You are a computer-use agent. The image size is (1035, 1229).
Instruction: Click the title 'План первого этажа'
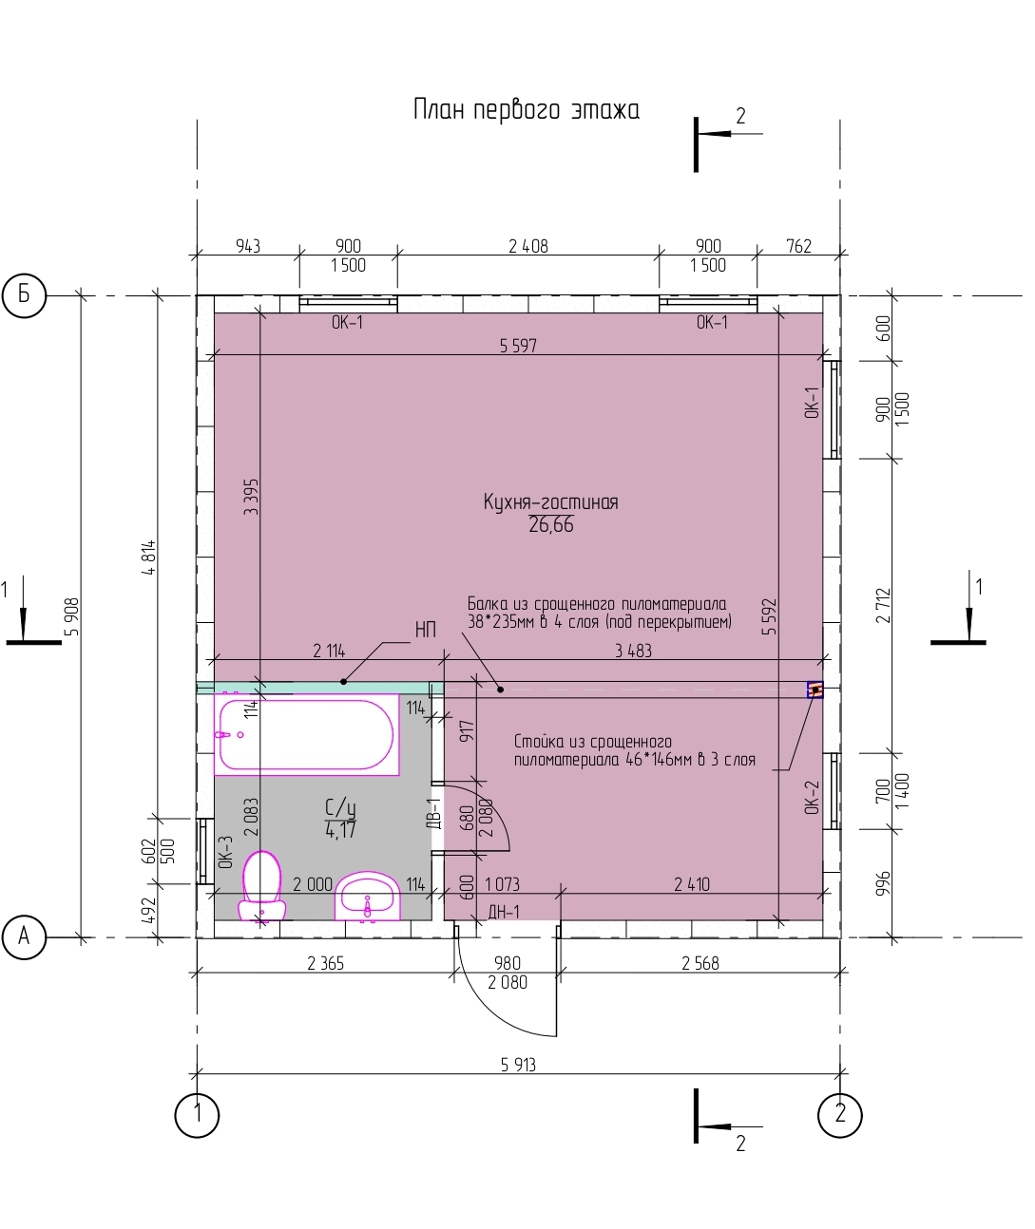click(x=526, y=110)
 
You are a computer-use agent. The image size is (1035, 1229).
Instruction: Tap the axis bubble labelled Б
click(x=24, y=295)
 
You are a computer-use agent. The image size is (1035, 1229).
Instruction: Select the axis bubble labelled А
click(x=24, y=937)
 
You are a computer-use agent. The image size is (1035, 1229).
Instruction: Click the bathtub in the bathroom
click(x=306, y=734)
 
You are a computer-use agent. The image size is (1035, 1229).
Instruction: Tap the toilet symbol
click(x=262, y=886)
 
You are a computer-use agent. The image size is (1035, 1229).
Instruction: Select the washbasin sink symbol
click(x=368, y=896)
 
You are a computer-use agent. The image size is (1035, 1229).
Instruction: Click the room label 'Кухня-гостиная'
click(x=551, y=502)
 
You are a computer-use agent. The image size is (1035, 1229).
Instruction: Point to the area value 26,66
click(x=551, y=524)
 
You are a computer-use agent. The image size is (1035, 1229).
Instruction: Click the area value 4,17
click(x=340, y=830)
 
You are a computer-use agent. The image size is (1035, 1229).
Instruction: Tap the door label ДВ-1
click(x=434, y=813)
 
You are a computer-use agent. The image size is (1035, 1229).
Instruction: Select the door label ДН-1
click(x=504, y=912)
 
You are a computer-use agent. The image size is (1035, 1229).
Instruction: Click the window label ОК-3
click(x=225, y=852)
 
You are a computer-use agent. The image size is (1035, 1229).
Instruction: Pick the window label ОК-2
click(x=812, y=798)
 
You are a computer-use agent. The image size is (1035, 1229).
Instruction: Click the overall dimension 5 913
click(x=518, y=1065)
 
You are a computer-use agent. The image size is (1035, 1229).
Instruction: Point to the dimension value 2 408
click(x=528, y=246)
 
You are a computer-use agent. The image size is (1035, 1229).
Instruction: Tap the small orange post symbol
click(x=815, y=690)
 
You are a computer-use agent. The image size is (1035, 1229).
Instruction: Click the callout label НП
click(x=426, y=630)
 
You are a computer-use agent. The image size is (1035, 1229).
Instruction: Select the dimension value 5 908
click(x=72, y=616)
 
